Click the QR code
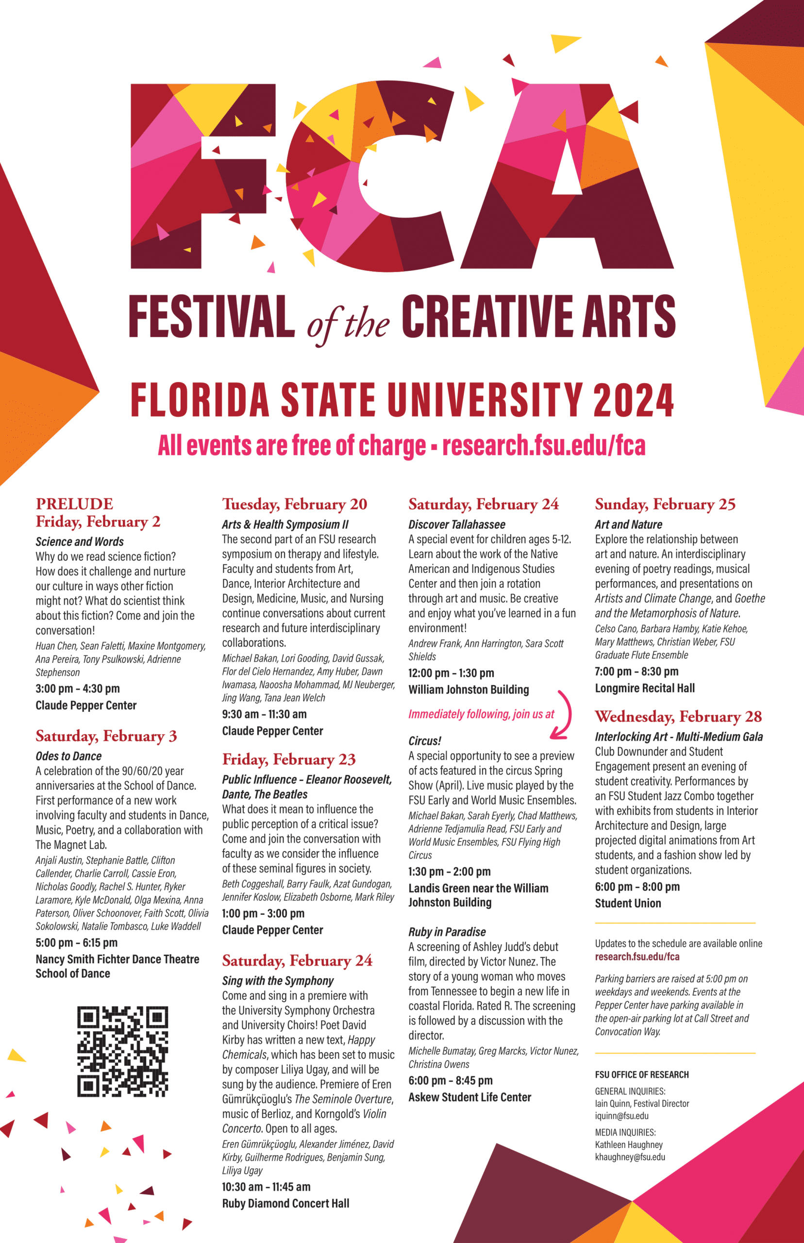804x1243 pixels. click(123, 1051)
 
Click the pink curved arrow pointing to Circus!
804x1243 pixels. click(563, 715)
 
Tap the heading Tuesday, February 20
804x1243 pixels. click(294, 504)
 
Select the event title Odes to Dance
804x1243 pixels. click(68, 756)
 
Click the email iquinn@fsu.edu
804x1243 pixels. click(621, 1116)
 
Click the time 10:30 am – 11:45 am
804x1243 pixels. click(266, 1187)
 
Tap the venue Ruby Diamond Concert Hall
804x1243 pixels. click(285, 1203)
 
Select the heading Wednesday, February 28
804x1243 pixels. click(678, 717)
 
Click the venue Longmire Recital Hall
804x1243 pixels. click(645, 688)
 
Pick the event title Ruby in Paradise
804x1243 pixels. click(447, 932)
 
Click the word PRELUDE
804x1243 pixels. click(74, 504)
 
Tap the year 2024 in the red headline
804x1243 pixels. click(633, 400)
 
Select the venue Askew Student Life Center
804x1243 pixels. click(469, 1097)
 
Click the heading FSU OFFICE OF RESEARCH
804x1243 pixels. click(642, 1075)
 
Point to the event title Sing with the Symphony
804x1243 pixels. click(278, 980)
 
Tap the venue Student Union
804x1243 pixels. click(628, 903)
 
